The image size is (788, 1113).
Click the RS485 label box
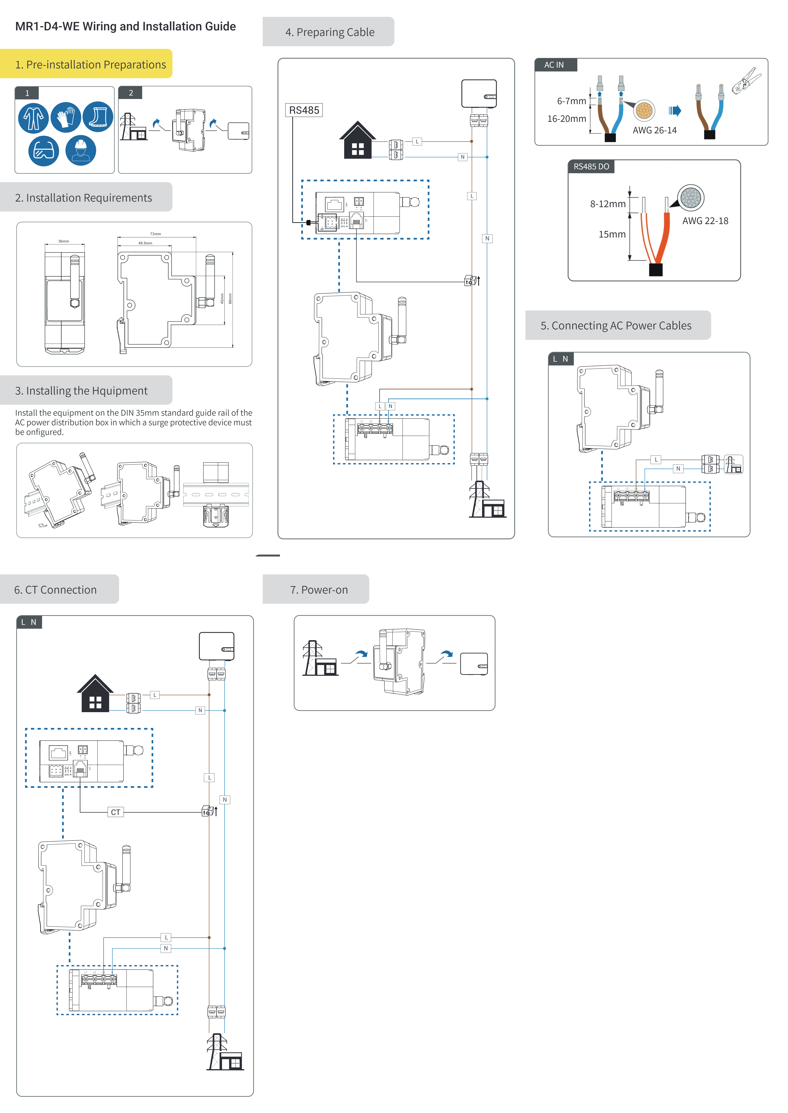[304, 110]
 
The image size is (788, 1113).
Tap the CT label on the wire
[115, 812]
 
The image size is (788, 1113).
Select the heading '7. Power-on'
[319, 590]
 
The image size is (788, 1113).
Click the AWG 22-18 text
[705, 221]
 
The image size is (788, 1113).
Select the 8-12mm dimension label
[608, 204]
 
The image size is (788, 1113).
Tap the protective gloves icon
[65, 117]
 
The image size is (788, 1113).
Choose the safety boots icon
[98, 117]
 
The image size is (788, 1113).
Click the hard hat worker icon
[81, 151]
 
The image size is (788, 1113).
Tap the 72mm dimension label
[155, 234]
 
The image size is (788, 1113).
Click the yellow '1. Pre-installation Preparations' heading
[90, 65]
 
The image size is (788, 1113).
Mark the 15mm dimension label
[612, 234]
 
